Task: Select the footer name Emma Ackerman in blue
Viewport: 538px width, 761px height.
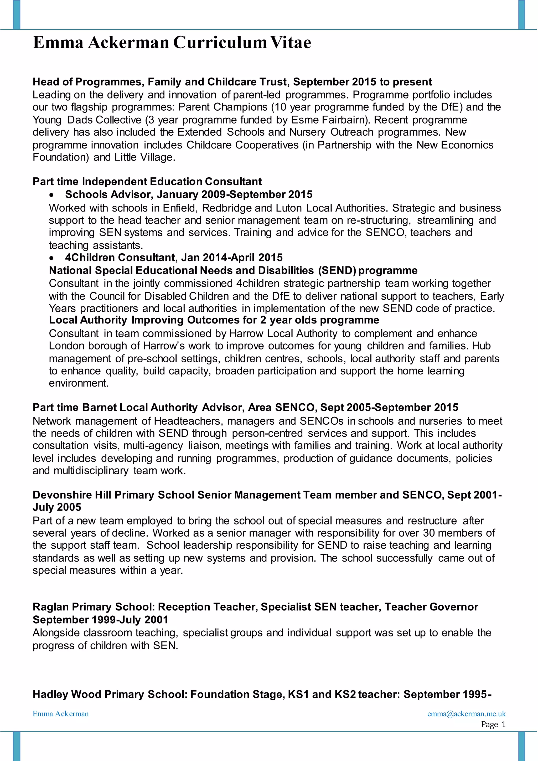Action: click(61, 714)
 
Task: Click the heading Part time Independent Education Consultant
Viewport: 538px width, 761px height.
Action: click(147, 182)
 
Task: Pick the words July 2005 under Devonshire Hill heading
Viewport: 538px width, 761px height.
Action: click(57, 507)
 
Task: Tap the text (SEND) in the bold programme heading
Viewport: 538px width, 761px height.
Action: click(337, 270)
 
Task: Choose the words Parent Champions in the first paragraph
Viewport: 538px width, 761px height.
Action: click(223, 107)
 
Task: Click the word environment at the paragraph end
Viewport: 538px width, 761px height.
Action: click(79, 383)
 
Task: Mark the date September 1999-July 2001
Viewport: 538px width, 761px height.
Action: click(100, 620)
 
